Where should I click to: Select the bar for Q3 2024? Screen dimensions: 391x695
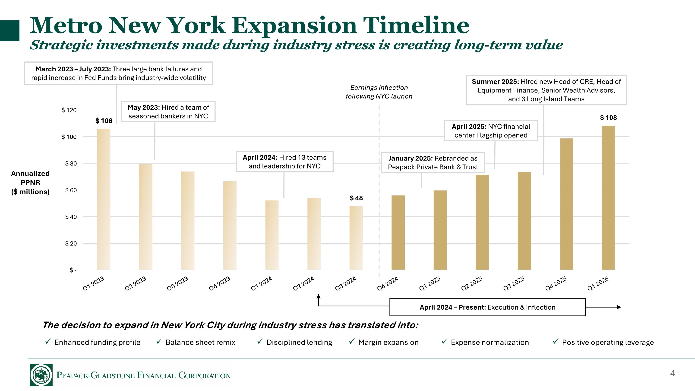(x=356, y=238)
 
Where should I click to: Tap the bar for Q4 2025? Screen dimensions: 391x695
(x=566, y=204)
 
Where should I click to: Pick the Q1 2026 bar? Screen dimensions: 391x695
(x=608, y=197)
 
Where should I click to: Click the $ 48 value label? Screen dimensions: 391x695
(x=356, y=198)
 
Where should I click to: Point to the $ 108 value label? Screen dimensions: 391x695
(x=608, y=118)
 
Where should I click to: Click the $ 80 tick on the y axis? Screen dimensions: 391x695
(x=71, y=164)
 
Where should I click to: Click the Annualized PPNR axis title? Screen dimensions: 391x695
(x=30, y=182)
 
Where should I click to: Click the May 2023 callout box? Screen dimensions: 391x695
(x=168, y=112)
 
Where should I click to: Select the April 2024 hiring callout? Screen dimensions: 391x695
(x=284, y=162)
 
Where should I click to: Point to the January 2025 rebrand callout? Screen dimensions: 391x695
(x=433, y=162)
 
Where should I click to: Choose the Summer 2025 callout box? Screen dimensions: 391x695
(x=546, y=90)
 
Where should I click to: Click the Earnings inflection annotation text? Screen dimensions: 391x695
(x=379, y=92)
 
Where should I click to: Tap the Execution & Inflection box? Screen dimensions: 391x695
(x=487, y=307)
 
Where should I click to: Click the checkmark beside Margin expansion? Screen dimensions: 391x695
(x=351, y=342)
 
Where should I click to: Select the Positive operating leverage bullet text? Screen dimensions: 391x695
(x=608, y=342)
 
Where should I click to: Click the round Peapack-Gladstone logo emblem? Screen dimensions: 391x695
(x=41, y=375)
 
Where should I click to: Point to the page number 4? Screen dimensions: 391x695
(x=672, y=373)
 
